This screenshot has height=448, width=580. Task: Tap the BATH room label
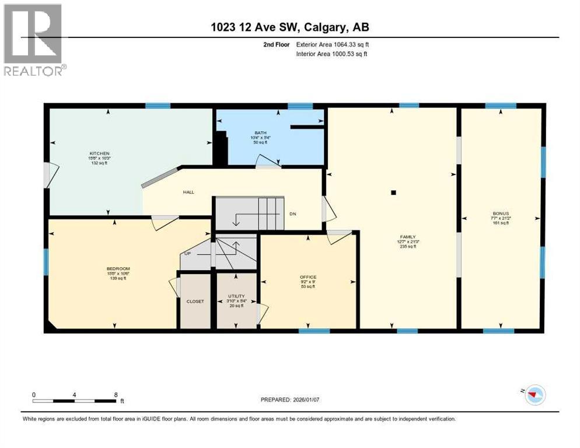pyautogui.click(x=260, y=132)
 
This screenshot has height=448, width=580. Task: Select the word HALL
pyautogui.click(x=188, y=192)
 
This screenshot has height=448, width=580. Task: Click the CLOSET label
pyautogui.click(x=195, y=301)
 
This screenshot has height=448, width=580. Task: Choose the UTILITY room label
pyautogui.click(x=237, y=296)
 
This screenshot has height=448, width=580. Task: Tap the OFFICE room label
pyautogui.click(x=308, y=277)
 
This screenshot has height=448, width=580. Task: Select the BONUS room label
pyautogui.click(x=500, y=213)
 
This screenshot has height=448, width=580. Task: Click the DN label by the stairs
pyautogui.click(x=293, y=213)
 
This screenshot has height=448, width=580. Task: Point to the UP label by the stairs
pyautogui.click(x=187, y=254)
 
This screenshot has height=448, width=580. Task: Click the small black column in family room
pyautogui.click(x=394, y=192)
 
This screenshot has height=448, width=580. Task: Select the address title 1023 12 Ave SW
pyautogui.click(x=290, y=27)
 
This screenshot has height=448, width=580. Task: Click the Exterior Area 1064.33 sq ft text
pyautogui.click(x=333, y=44)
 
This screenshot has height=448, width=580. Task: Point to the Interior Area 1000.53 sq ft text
pyautogui.click(x=333, y=54)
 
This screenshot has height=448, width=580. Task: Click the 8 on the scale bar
pyautogui.click(x=116, y=394)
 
